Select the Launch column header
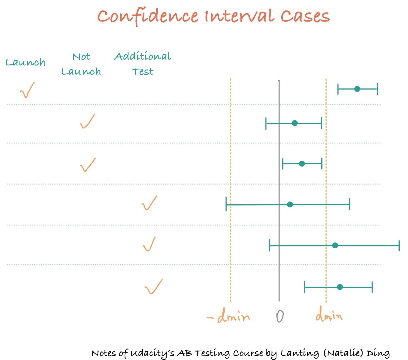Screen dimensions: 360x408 (x=25, y=62)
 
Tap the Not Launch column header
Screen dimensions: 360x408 (x=81, y=64)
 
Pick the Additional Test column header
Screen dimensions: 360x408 (x=143, y=64)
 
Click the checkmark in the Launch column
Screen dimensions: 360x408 (x=27, y=90)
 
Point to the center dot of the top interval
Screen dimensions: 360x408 (x=357, y=89)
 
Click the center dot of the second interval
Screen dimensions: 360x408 (x=295, y=123)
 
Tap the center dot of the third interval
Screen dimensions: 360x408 (x=302, y=164)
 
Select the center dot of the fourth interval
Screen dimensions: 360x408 (x=290, y=205)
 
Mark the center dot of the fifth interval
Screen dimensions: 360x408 (x=335, y=246)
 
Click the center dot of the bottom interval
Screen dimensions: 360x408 (x=340, y=287)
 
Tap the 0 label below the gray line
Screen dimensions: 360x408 (x=280, y=316)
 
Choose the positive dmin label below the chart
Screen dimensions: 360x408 (x=329, y=316)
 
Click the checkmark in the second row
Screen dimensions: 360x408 (x=88, y=121)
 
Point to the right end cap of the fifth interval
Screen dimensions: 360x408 (x=399, y=246)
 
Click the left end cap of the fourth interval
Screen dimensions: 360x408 (x=226, y=205)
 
